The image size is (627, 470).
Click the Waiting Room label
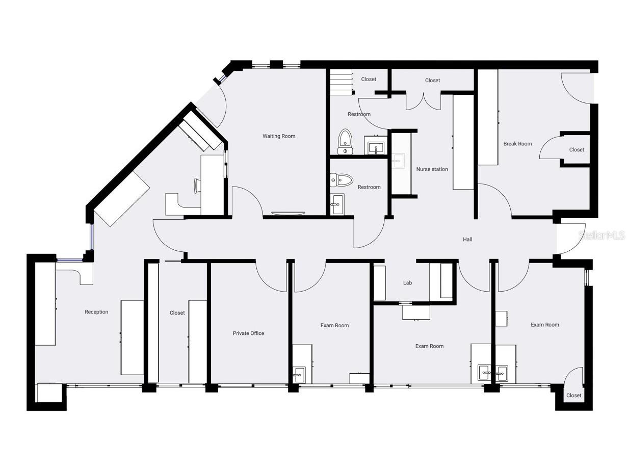tap(279, 136)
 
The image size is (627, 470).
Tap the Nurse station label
tap(432, 169)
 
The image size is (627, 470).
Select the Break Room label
tap(517, 144)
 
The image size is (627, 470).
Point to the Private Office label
tap(248, 333)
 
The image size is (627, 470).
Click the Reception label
tap(96, 312)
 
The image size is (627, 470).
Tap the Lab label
tap(407, 283)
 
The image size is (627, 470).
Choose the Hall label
tap(467, 239)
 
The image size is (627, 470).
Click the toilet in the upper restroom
tap(346, 141)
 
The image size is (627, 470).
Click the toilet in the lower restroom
tap(342, 179)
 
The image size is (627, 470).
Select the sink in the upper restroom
tap(377, 148)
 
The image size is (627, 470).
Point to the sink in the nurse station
tap(398, 161)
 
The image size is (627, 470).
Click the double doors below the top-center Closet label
tap(423, 100)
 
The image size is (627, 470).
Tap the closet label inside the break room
tap(577, 150)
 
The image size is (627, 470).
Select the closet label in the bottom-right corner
tap(573, 396)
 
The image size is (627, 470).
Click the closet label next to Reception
tap(177, 313)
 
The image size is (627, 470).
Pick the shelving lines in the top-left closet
tap(342, 82)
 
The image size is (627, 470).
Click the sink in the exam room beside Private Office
tap(299, 375)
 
